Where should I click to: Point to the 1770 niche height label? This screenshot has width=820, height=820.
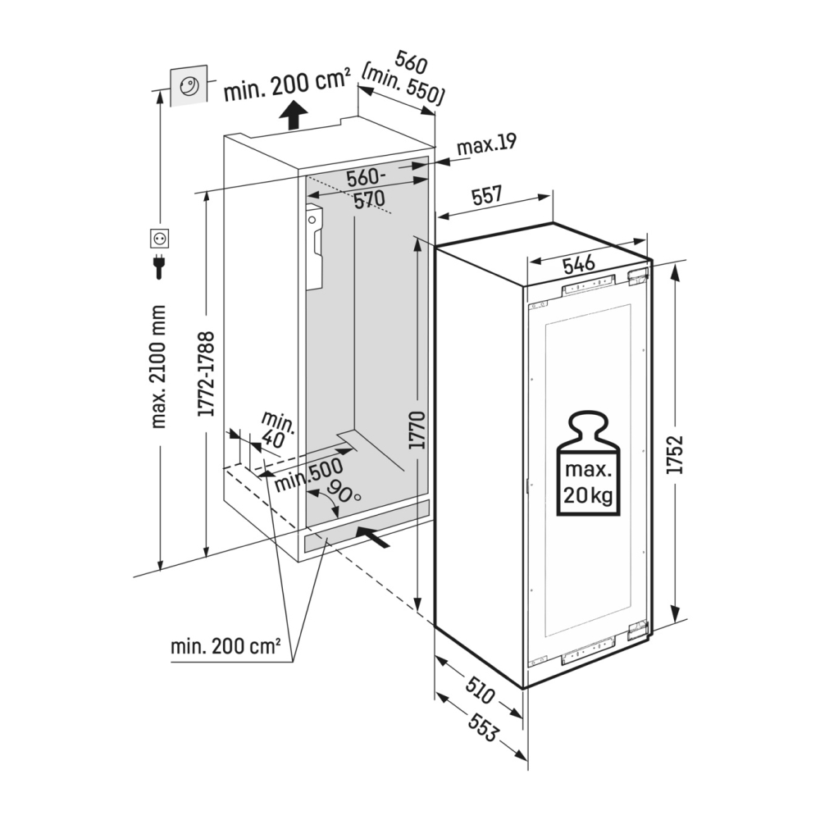417,428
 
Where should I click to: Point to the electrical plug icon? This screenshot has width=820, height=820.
159,267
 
